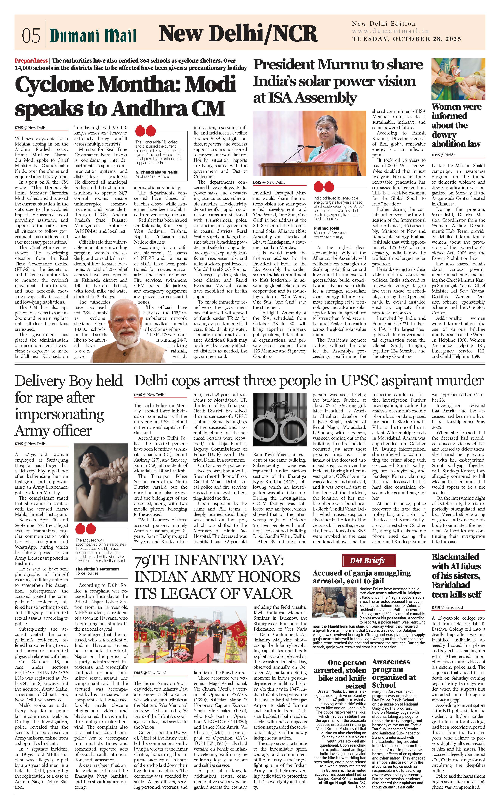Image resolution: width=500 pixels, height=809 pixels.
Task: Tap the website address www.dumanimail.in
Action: (x=390, y=31)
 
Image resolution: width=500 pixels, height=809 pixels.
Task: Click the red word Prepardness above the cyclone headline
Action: (x=31, y=61)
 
